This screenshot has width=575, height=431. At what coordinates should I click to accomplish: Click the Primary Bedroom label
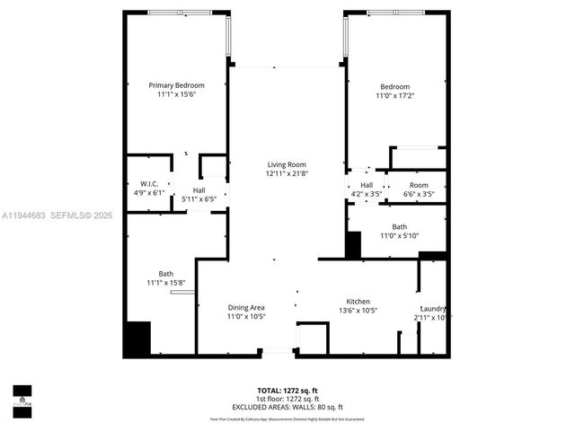pyautogui.click(x=177, y=85)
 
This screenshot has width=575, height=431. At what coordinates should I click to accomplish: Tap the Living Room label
pyautogui.click(x=287, y=164)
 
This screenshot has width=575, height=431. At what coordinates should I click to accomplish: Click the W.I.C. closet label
pyautogui.click(x=149, y=183)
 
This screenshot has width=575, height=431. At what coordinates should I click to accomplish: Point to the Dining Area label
pyautogui.click(x=246, y=307)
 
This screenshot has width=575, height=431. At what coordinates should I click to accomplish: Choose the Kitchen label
pyautogui.click(x=358, y=302)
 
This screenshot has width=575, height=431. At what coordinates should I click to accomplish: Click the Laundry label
pyautogui.click(x=433, y=308)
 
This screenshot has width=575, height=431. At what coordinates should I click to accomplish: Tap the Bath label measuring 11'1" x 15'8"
pyautogui.click(x=166, y=274)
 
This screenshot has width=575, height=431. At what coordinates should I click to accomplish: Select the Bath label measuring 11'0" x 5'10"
pyautogui.click(x=400, y=226)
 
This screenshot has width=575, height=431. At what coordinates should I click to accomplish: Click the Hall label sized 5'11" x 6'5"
pyautogui.click(x=199, y=190)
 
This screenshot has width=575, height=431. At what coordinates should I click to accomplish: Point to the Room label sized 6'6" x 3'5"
pyautogui.click(x=420, y=185)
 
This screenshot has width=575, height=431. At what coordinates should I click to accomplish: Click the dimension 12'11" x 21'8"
pyautogui.click(x=287, y=173)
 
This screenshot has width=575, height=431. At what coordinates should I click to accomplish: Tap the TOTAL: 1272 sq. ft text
pyautogui.click(x=289, y=391)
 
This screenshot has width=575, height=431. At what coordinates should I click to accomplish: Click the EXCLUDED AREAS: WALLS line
pyautogui.click(x=289, y=407)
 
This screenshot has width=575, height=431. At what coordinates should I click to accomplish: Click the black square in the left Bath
pyautogui.click(x=138, y=339)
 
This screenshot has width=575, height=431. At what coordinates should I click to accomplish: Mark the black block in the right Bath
pyautogui.click(x=353, y=245)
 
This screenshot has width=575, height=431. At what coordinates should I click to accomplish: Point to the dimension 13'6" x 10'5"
pyautogui.click(x=358, y=311)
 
